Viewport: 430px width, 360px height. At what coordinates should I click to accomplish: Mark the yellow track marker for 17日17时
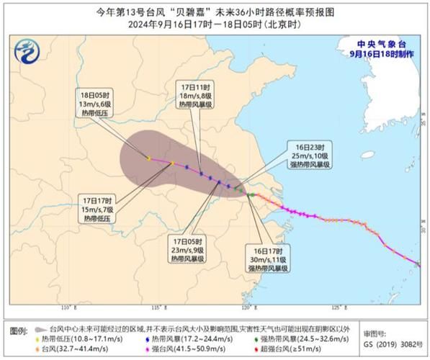point(173,163)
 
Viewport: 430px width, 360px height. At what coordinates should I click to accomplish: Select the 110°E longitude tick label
point(68,307)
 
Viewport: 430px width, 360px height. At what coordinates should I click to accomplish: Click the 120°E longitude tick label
point(247,307)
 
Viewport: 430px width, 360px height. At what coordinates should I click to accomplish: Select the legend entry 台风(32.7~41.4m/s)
point(79,348)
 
